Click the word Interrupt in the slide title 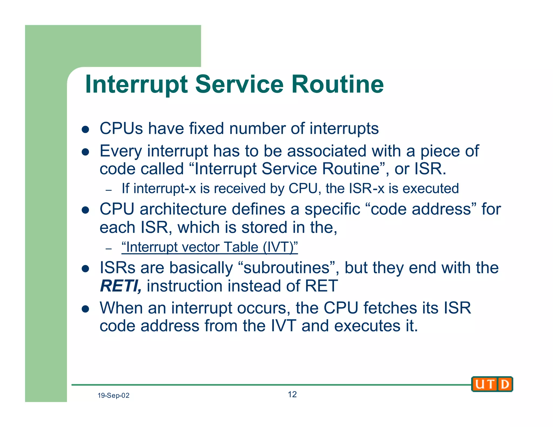[x=136, y=84]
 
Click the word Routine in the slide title [x=337, y=84]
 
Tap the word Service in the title [x=239, y=84]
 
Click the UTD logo [x=492, y=384]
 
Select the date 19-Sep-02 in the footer [x=113, y=395]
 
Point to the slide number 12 [x=292, y=394]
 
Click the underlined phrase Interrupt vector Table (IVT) [x=210, y=247]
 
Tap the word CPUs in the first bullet [x=121, y=128]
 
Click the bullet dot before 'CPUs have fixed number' [x=85, y=130]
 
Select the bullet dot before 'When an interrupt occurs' [x=85, y=309]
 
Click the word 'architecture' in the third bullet [x=183, y=209]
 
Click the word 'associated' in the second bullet [x=326, y=151]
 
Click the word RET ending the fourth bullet [x=321, y=286]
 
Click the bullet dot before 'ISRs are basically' [x=85, y=269]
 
